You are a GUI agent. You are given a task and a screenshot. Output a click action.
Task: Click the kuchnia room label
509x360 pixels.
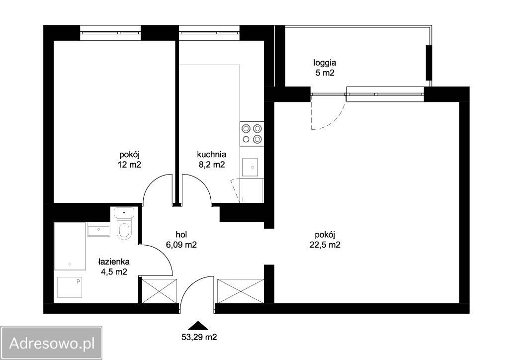click(212, 155)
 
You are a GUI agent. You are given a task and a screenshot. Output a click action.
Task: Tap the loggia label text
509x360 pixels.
click(325, 62)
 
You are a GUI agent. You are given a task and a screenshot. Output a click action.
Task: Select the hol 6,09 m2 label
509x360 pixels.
click(181, 240)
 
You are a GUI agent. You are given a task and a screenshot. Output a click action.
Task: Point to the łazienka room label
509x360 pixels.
click(114, 262)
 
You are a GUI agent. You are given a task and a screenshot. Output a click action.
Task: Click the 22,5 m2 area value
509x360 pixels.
click(325, 245)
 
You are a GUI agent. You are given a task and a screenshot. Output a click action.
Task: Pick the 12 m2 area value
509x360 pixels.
click(130, 165)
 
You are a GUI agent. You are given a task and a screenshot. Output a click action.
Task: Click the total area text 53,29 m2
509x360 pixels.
click(199, 337)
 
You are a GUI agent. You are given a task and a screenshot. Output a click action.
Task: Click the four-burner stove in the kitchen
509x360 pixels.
click(252, 134)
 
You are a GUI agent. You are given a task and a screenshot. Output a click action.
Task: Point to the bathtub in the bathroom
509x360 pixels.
click(70, 247)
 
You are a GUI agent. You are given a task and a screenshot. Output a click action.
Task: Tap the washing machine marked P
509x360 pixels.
click(70, 287)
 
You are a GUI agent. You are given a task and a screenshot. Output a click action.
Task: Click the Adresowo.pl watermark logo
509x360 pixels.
click(51, 343)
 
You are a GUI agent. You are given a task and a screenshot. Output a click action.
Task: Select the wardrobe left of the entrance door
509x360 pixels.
click(160, 291)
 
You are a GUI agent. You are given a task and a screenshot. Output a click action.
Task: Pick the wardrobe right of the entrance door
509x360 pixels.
click(241, 291)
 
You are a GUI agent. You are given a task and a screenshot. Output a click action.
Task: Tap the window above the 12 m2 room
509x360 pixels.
click(110, 33)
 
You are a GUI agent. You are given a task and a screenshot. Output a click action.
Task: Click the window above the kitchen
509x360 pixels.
click(209, 33)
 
